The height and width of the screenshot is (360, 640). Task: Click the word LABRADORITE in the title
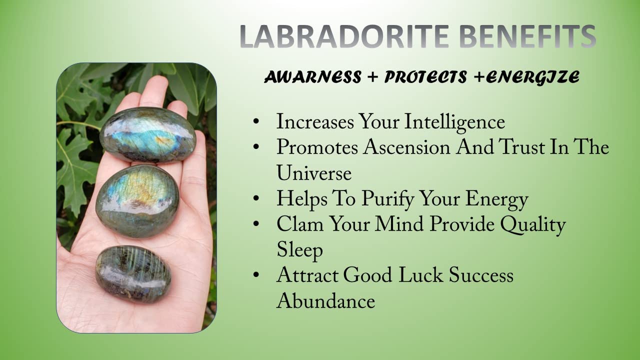coord(344,36)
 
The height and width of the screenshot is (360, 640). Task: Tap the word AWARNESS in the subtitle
coord(313,77)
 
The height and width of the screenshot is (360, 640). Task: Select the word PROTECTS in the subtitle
coord(425,77)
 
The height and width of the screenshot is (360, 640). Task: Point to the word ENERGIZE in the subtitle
coord(533,77)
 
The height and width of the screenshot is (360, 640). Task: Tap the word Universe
coord(313,173)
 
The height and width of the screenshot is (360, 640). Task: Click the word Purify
coord(387,199)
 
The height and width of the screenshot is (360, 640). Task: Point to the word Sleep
coord(299,251)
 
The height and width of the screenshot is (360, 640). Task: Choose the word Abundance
coord(325,301)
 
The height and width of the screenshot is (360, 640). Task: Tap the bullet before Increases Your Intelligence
coord(256,121)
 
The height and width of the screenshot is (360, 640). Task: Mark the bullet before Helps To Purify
coord(256,198)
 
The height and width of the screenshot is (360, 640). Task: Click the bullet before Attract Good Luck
coord(256,275)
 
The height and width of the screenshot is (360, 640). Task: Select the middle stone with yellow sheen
coord(137,201)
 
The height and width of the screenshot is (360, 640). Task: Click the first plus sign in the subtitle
coord(372,77)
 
